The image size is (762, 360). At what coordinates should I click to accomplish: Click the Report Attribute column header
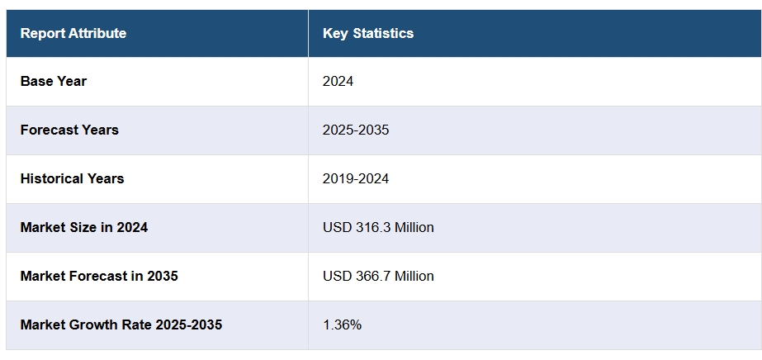[x=73, y=34]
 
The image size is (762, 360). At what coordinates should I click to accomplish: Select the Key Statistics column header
[x=368, y=34]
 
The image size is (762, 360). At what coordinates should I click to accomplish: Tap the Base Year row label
[x=54, y=82]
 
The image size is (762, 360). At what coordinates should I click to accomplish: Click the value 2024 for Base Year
[x=338, y=82]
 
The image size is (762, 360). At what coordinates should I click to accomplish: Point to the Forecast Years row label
[x=69, y=130]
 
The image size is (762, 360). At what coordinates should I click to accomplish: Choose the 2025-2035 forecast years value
[x=356, y=130]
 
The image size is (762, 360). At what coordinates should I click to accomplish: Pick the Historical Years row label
[x=73, y=179]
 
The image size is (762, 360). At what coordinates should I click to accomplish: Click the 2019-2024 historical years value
[x=356, y=179]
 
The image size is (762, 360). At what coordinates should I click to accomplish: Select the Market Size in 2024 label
[x=84, y=228]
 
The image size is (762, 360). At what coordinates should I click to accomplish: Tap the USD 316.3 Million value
[x=378, y=228]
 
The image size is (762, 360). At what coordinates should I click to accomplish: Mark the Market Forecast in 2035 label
[x=99, y=277]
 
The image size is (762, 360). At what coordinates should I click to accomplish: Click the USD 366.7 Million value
[x=378, y=277]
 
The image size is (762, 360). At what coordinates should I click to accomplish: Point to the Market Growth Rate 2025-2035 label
[x=121, y=325]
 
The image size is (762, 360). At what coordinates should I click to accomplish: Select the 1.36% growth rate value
[x=343, y=325]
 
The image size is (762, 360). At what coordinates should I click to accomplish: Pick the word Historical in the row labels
[x=50, y=179]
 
